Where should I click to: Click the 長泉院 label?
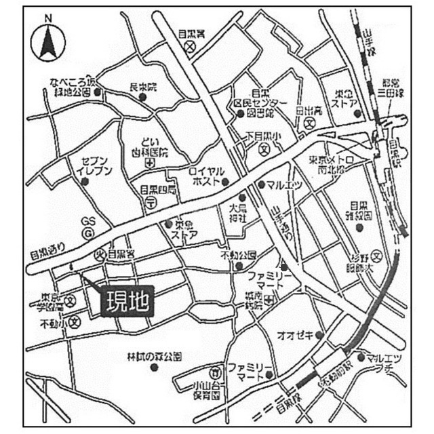(x=143, y=87)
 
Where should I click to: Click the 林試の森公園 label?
(x=155, y=356)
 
